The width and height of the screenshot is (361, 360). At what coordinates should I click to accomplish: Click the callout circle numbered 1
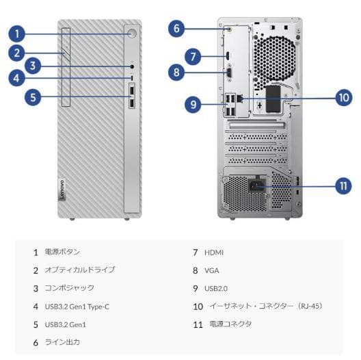coord(18,32)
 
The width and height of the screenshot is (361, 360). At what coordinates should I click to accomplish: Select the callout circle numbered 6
coord(176,29)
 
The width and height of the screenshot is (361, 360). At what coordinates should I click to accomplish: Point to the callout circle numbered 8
coord(176,71)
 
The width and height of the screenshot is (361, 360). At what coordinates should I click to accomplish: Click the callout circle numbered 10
coord(343,97)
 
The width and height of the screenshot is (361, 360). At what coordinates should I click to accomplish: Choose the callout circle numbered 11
coord(343,185)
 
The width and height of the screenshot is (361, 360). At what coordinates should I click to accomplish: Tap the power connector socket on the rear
coord(258,183)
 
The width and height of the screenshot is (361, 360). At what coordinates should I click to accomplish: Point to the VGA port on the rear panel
coord(230,74)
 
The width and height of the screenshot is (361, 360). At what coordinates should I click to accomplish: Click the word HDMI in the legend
coord(214,253)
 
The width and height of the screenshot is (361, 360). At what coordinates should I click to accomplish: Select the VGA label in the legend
coord(211,270)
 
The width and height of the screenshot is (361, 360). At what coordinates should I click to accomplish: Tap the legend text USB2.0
coord(217,288)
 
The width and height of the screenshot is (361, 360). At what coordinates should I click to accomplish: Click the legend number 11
coord(198,324)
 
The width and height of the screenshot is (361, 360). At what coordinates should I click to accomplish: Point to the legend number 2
coord(35,270)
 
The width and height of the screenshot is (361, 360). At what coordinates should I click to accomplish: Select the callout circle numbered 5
coord(32,97)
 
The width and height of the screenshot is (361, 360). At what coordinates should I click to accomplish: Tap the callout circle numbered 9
coord(194,104)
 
